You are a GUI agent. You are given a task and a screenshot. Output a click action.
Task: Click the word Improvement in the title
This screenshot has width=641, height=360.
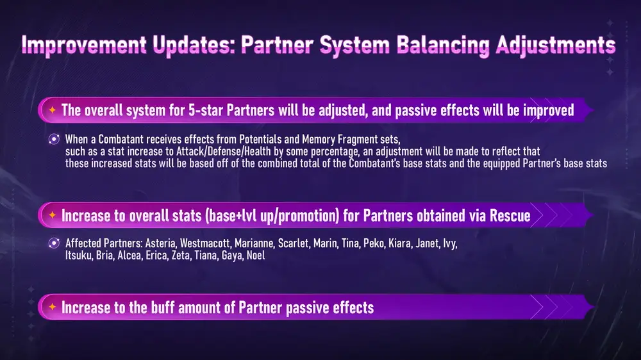pyautogui.click(x=84, y=45)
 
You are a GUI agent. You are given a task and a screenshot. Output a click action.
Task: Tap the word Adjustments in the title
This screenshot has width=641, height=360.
pyautogui.click(x=556, y=45)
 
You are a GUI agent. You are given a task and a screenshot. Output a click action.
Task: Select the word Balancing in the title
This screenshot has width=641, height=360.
pyautogui.click(x=443, y=45)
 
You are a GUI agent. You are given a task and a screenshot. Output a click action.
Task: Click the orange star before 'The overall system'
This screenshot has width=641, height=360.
pyautogui.click(x=53, y=110)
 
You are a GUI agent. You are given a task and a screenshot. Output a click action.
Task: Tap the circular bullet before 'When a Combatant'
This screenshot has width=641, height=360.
pyautogui.click(x=54, y=140)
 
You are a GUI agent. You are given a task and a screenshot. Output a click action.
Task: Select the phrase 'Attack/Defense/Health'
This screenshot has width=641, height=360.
pyautogui.click(x=224, y=152)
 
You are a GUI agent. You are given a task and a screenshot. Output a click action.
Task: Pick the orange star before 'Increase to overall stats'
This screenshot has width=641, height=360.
pyautogui.click(x=53, y=215)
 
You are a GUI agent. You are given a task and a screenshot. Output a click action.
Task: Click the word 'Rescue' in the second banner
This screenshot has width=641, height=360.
pyautogui.click(x=510, y=215)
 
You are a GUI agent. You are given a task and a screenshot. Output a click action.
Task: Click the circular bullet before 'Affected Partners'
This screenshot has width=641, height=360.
pyautogui.click(x=54, y=243)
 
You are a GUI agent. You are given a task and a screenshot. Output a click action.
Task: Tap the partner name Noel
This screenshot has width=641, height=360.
pyautogui.click(x=256, y=256)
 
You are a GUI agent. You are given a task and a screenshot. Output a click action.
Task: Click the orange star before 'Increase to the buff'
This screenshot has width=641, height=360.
pyautogui.click(x=53, y=307)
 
